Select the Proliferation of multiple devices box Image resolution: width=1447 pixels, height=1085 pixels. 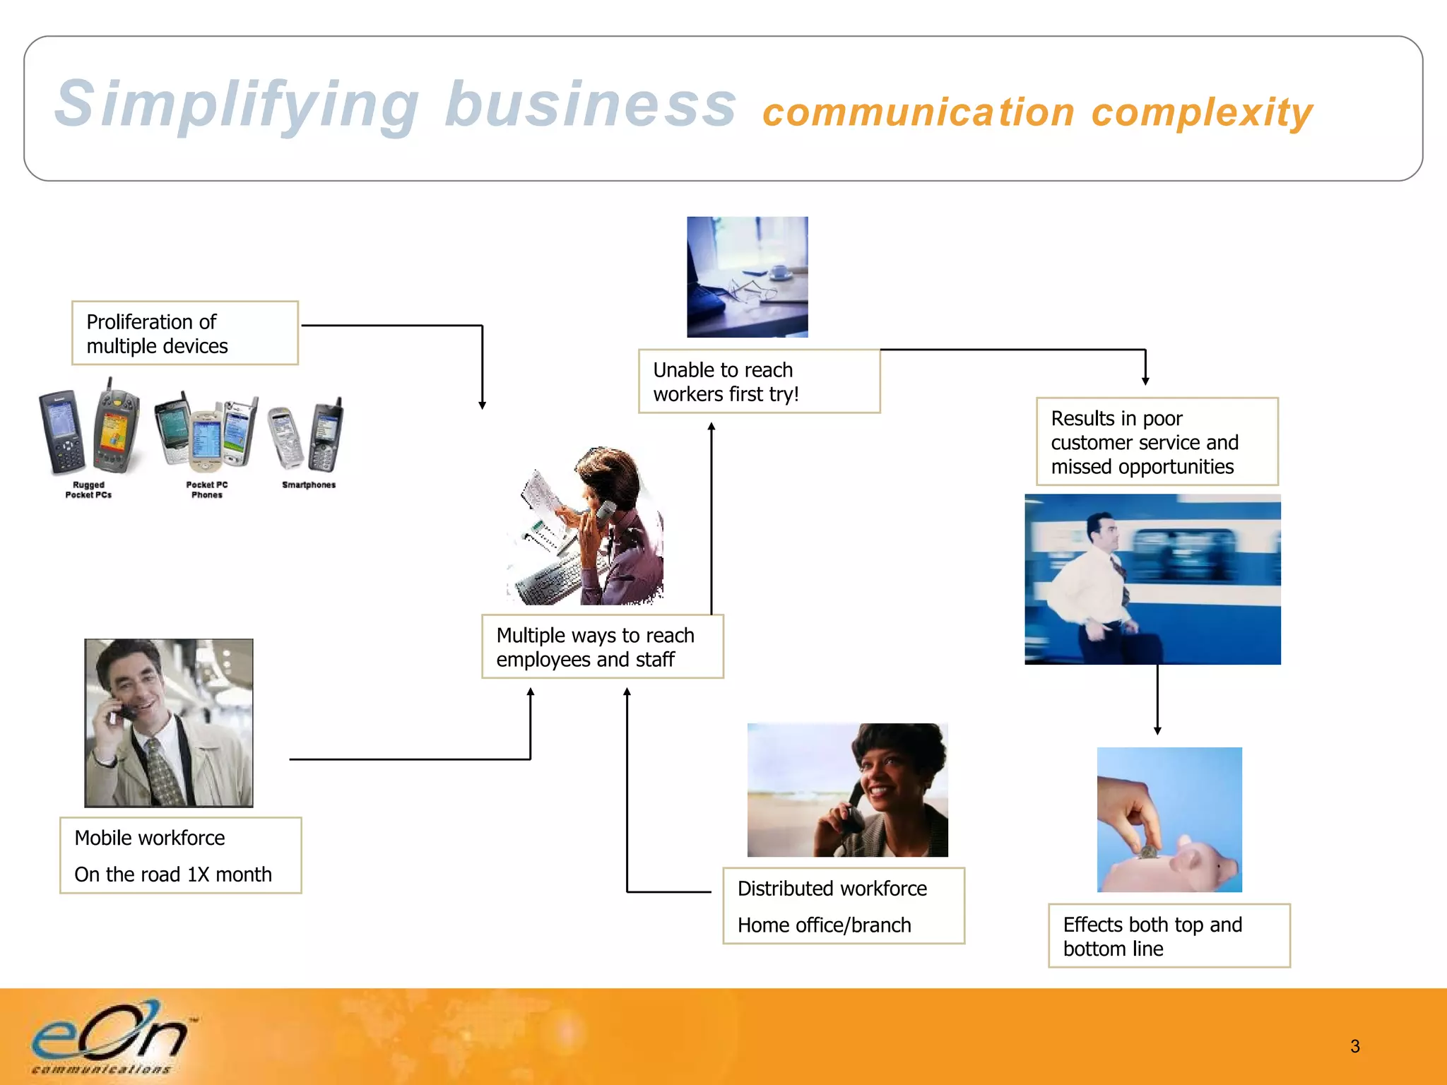click(184, 333)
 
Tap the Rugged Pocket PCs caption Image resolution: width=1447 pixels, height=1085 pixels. click(88, 490)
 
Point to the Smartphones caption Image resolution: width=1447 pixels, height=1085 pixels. click(309, 485)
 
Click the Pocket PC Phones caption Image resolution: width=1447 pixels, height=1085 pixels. click(206, 490)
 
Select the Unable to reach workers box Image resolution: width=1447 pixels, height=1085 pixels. click(758, 381)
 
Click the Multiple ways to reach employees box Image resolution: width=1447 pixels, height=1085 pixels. click(602, 647)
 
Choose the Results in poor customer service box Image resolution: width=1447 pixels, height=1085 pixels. click(1157, 442)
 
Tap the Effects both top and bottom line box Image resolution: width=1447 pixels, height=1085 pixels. click(1169, 936)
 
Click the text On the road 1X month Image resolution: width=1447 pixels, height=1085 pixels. click(173, 874)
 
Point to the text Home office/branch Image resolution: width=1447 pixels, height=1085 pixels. click(824, 925)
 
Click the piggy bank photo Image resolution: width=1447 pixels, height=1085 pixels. click(1169, 819)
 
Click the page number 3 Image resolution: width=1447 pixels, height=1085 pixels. click(1354, 1046)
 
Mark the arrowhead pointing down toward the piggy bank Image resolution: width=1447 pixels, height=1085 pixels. click(1157, 730)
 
